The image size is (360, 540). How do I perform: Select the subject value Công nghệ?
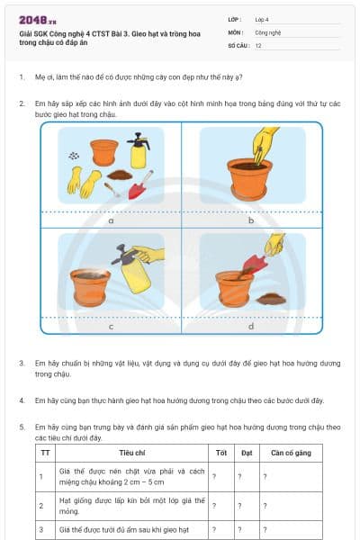268,31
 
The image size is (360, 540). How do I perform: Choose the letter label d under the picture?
251,326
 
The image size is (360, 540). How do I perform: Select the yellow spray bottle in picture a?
139,151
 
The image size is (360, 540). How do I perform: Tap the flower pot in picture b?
250,178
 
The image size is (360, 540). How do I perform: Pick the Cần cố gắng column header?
290,452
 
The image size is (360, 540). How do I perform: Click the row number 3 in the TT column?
41,530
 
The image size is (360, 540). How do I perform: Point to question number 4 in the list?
22,400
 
